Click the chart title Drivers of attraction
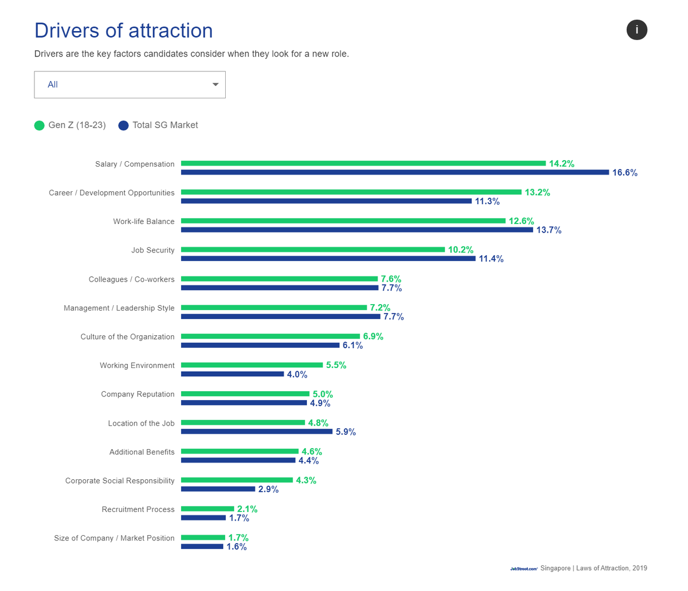(x=124, y=31)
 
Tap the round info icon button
(x=636, y=30)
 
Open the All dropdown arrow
(x=215, y=84)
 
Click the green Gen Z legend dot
(x=39, y=126)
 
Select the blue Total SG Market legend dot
(x=124, y=126)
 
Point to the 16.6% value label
(x=625, y=172)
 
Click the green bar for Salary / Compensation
(x=363, y=163)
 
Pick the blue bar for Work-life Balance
(x=357, y=230)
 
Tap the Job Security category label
(x=153, y=250)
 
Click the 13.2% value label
(x=537, y=192)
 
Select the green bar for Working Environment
(x=252, y=365)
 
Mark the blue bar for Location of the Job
(x=256, y=431)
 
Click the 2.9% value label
(x=268, y=489)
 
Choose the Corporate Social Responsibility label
(x=120, y=481)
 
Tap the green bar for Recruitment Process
(x=207, y=509)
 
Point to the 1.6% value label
(x=236, y=547)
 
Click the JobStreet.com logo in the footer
(x=524, y=568)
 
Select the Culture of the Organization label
(x=127, y=337)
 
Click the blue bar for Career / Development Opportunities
(x=326, y=201)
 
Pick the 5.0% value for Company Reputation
(x=322, y=394)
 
